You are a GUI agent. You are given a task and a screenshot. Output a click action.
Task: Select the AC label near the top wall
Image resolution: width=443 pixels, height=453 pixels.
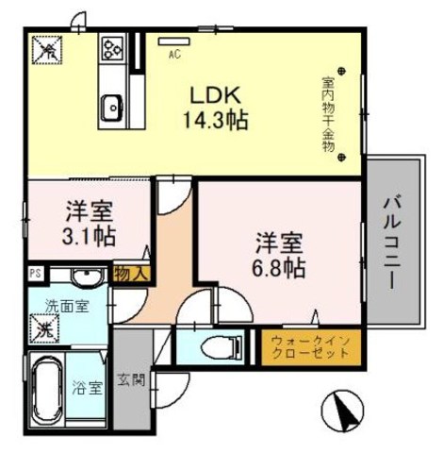coord(174,55)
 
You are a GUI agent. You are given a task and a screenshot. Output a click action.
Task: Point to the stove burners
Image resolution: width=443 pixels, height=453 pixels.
coord(113,46)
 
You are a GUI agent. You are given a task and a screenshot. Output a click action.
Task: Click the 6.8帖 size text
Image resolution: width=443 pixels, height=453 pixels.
coord(278,267)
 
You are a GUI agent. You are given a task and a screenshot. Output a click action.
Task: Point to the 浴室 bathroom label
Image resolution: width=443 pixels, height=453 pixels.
coord(89,387)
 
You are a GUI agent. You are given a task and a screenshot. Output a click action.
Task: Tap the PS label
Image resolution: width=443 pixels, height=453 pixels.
coord(35,275)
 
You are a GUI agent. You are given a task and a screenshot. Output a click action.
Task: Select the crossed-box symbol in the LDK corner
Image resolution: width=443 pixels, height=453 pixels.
coord(46,48)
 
